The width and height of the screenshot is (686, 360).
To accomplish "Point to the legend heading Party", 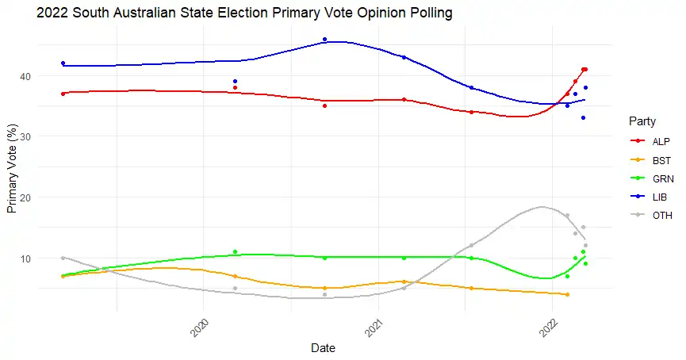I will pos(642,121).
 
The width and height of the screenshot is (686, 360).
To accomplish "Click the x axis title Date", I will pos(323,348).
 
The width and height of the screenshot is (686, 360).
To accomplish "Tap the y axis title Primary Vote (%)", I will pos(13,169).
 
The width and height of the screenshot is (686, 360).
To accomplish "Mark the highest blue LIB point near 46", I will pos(325,40).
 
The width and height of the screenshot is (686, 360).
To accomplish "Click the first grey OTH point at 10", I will pos(63,258).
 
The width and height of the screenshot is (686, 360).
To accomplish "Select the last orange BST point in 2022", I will pos(567,294).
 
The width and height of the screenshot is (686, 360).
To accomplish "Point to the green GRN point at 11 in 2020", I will pos(236,251).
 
